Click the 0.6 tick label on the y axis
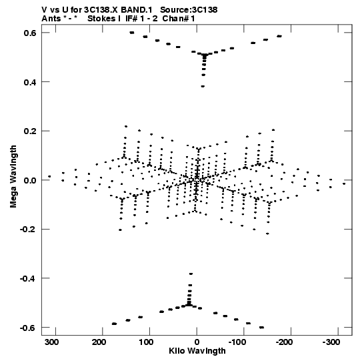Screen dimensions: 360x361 (x=30, y=33)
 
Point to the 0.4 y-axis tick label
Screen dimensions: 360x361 (x=30, y=82)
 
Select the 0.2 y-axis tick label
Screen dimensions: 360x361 (x=30, y=131)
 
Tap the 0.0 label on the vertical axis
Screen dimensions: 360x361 (x=30, y=180)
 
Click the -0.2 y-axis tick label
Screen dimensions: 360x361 (x=28, y=230)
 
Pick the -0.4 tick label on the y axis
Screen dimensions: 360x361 (x=28, y=278)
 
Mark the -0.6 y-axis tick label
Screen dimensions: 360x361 (x=28, y=328)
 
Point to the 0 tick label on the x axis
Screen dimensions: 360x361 (x=197, y=342)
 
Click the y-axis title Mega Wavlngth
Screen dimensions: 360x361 (x=13, y=176)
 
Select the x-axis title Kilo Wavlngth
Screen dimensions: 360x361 (x=197, y=351)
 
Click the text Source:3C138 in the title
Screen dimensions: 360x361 (x=189, y=10)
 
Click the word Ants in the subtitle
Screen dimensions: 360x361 (x=51, y=19)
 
